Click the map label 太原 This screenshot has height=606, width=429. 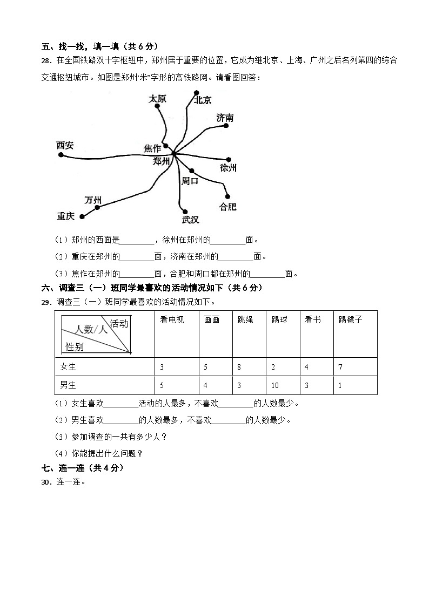[157, 99]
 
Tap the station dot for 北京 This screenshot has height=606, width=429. [197, 92]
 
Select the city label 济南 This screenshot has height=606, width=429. [225, 118]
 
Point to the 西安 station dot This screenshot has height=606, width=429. [61, 155]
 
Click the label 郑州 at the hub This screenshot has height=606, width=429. [161, 161]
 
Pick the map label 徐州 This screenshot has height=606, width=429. [228, 168]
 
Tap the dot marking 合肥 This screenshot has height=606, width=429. [227, 196]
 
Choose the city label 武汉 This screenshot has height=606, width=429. [190, 220]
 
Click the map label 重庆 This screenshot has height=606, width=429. [65, 216]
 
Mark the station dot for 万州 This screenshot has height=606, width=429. [97, 207]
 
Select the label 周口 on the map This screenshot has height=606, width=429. [190, 181]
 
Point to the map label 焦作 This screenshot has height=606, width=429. [152, 148]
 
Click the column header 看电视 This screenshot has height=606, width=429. [172, 320]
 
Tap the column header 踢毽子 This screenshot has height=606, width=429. [350, 320]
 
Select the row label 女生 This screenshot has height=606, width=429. [68, 367]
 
